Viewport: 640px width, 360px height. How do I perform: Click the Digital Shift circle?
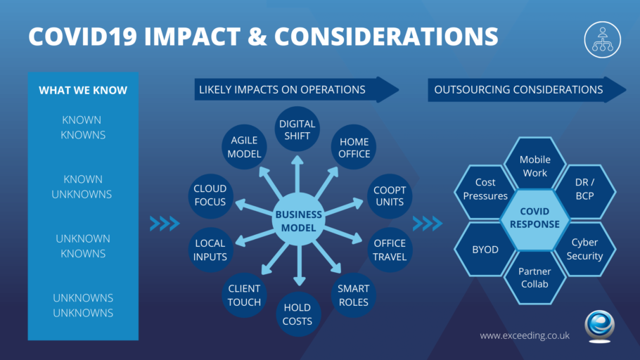click(297, 129)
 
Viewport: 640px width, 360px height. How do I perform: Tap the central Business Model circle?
click(298, 219)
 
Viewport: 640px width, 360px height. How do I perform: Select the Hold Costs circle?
click(297, 314)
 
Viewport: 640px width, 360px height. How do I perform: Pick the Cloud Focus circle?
click(210, 196)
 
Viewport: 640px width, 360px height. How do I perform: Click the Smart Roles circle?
click(354, 295)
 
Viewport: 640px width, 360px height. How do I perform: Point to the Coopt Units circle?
click(390, 196)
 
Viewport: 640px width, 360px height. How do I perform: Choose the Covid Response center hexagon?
click(535, 219)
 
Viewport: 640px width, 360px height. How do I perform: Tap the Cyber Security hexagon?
click(584, 249)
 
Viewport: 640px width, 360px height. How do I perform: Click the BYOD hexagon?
click(485, 250)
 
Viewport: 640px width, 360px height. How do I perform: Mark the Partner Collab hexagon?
click(535, 278)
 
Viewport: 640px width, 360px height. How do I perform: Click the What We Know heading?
click(83, 90)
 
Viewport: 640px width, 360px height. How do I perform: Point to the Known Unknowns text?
click(82, 186)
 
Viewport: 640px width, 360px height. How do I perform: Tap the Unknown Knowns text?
click(83, 245)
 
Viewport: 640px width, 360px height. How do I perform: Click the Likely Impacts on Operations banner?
click(297, 89)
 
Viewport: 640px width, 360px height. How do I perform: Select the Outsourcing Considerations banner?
click(527, 89)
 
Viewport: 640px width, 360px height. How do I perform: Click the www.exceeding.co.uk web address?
click(525, 335)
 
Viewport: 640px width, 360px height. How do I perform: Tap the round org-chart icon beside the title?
click(603, 39)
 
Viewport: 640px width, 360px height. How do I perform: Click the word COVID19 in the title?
click(83, 37)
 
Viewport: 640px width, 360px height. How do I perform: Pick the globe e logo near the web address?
click(599, 326)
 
